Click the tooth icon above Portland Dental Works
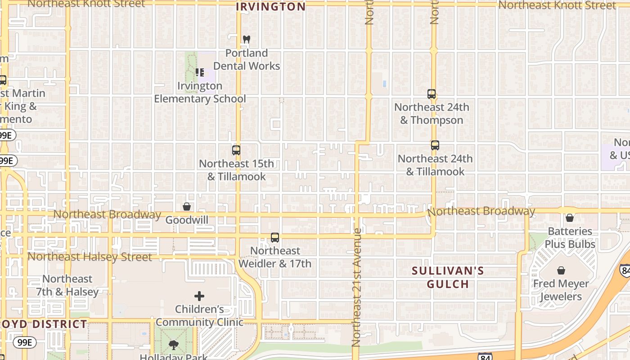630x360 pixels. (x=246, y=39)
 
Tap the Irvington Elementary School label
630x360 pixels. (x=200, y=92)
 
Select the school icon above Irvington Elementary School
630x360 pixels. (x=200, y=72)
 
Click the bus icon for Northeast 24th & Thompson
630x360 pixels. (x=432, y=94)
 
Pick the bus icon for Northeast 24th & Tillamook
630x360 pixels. (x=435, y=145)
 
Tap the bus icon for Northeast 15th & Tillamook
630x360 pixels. (x=236, y=150)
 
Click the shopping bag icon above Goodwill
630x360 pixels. (x=187, y=207)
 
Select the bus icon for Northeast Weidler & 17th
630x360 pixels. (x=275, y=238)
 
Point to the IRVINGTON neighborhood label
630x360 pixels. (x=271, y=7)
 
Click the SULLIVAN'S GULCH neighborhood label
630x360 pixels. (x=448, y=277)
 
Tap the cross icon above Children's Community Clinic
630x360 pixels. (x=199, y=296)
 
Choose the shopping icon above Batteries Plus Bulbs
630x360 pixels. (x=570, y=218)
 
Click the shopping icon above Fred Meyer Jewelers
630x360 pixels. (x=561, y=270)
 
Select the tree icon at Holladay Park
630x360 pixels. (x=174, y=345)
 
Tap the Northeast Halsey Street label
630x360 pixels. (x=90, y=257)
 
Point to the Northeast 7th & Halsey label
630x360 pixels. (x=67, y=285)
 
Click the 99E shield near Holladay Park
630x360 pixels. (x=24, y=342)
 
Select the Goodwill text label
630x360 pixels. (x=187, y=220)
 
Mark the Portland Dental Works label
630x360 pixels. (x=246, y=59)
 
